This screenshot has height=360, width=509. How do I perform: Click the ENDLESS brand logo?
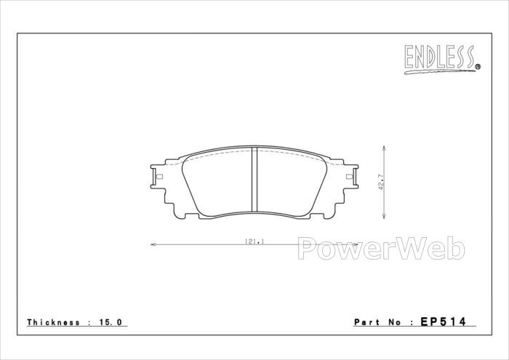[x=442, y=59]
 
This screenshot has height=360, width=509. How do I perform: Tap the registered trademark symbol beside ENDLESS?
[x=478, y=67]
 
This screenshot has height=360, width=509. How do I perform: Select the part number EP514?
[x=443, y=321]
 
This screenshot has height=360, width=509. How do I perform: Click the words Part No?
[x=377, y=322]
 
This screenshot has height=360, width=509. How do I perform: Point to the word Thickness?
[x=53, y=322]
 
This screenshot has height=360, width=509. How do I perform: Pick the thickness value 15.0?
[x=111, y=322]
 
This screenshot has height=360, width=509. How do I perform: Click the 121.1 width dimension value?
[x=254, y=241]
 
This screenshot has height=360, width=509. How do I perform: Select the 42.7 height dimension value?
[x=381, y=182]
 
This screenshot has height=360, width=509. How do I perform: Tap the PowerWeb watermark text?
[x=381, y=248]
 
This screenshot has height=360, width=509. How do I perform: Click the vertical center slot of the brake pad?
[x=254, y=180]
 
